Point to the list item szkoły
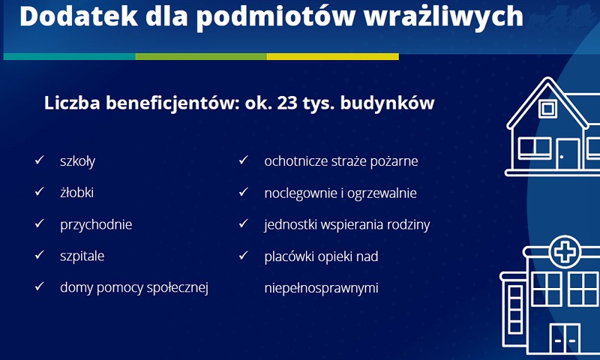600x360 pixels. pyautogui.click(x=77, y=161)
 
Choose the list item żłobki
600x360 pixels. pyautogui.click(x=76, y=193)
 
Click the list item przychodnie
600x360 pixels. pyautogui.click(x=96, y=224)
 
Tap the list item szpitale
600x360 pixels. pyautogui.click(x=82, y=256)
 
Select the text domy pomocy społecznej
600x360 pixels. pyautogui.click(x=133, y=287)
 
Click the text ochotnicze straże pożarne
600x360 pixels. pyautogui.click(x=341, y=161)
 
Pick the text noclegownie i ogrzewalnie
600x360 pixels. pyautogui.click(x=340, y=193)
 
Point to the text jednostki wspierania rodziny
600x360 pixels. pyautogui.click(x=347, y=224)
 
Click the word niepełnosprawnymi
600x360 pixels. pyautogui.click(x=321, y=287)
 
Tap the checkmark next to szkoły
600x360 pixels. pyautogui.click(x=39, y=160)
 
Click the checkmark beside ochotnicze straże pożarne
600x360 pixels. pyautogui.click(x=243, y=160)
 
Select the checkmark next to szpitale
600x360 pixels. pyautogui.click(x=39, y=255)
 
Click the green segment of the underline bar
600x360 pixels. pyautogui.click(x=201, y=56)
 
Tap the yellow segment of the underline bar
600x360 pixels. pyautogui.click(x=332, y=56)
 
